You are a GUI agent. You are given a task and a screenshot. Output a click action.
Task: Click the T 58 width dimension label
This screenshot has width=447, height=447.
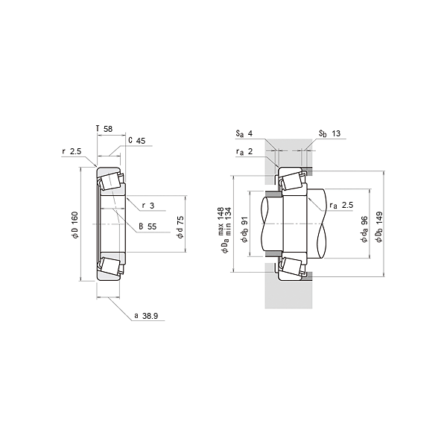point(104,129)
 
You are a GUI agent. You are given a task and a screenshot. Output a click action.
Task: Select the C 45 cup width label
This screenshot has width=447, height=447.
point(137,141)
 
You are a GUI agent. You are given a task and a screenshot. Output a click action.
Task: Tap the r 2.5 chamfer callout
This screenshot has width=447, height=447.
point(72,151)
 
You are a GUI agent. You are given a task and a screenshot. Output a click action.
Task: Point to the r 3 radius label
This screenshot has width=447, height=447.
point(148,206)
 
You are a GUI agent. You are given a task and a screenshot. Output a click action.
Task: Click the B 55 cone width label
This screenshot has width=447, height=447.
point(148,226)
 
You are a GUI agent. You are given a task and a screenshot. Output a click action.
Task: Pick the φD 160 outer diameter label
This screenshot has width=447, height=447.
point(74,225)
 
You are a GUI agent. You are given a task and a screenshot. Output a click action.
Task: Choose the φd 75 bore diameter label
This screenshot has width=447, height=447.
point(180,227)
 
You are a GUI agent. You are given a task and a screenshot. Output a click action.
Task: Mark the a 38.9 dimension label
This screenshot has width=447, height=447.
point(146,316)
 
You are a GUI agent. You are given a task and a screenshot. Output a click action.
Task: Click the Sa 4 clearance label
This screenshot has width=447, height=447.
point(244,133)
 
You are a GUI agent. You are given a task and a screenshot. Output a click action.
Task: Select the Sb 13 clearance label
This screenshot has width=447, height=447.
point(329,133)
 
